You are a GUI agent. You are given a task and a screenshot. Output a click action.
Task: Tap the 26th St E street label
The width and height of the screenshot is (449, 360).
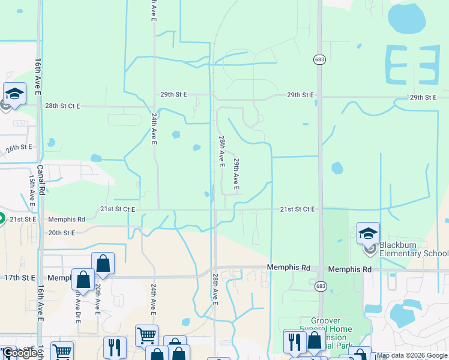tap(19, 148)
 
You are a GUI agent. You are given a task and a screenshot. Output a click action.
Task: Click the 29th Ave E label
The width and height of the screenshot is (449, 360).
tap(237, 175)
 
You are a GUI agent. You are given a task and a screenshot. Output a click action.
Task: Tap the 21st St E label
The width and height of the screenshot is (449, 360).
tap(23, 220)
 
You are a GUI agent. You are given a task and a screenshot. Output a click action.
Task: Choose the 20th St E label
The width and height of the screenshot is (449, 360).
tap(61, 233)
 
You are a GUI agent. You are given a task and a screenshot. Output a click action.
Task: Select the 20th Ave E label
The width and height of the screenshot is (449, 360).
tap(97, 301)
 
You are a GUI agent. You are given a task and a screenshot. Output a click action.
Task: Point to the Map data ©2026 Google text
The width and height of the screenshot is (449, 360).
tap(412, 356)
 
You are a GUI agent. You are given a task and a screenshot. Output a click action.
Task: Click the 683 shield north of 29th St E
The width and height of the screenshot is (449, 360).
tap(319, 59)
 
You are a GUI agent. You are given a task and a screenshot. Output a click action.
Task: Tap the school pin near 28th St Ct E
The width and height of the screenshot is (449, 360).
tap(14, 94)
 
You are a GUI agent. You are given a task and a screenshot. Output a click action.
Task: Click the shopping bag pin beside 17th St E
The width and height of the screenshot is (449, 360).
tap(83, 280)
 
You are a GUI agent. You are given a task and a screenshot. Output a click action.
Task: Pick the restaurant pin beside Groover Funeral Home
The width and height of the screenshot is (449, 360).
tap(294, 341)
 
